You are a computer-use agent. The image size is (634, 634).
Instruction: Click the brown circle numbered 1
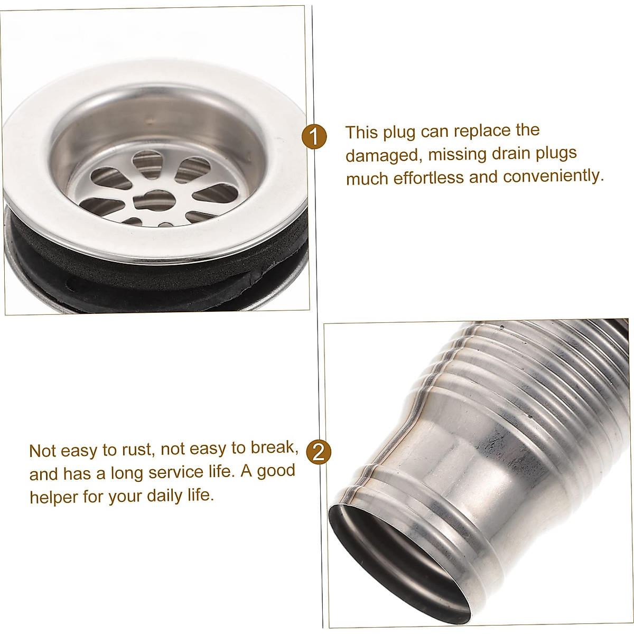click(314, 137)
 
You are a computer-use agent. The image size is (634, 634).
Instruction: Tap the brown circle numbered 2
click(318, 452)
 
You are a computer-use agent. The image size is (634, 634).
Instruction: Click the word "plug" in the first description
click(399, 132)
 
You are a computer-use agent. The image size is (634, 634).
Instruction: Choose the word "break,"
click(275, 447)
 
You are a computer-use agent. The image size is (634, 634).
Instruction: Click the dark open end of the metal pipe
click(396, 560)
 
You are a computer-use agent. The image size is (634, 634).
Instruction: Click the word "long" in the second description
click(127, 473)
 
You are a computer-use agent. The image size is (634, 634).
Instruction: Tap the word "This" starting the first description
click(362, 132)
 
